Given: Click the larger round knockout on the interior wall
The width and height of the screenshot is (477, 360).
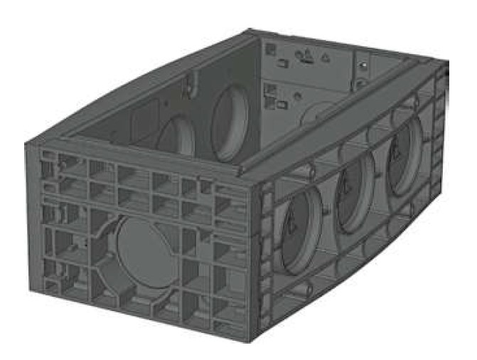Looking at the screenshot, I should click(x=229, y=121).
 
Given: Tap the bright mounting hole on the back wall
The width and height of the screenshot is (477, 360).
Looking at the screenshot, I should click(x=365, y=65).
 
